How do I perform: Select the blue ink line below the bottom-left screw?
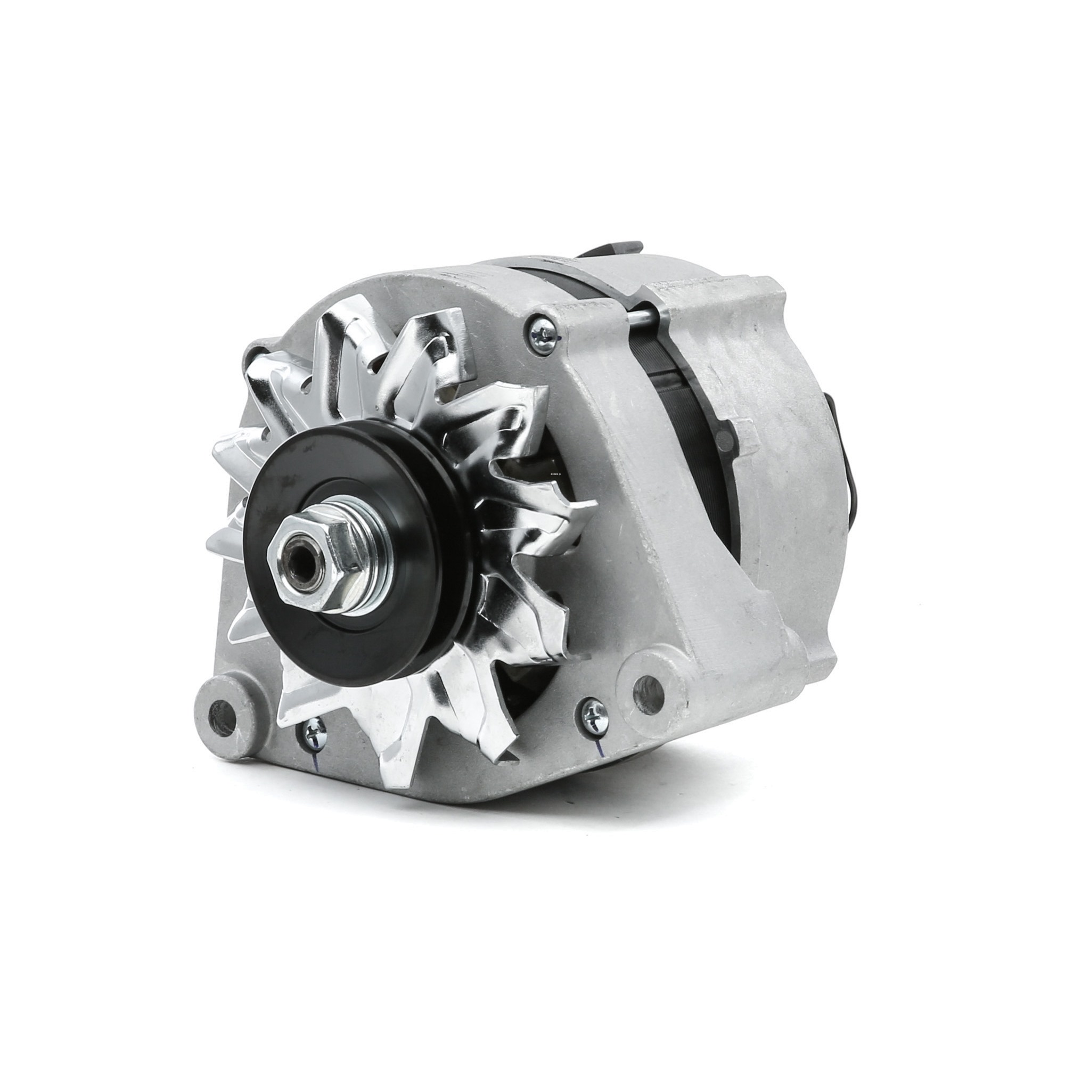tap(313, 764)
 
